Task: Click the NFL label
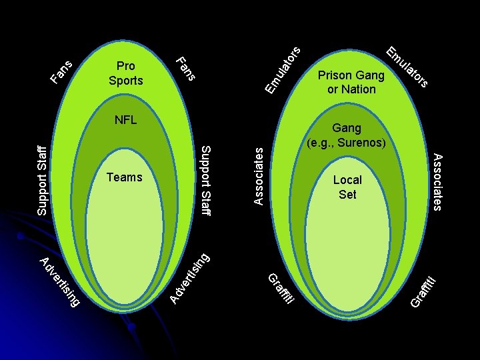point(125,121)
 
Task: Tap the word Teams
point(125,177)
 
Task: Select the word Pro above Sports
point(125,67)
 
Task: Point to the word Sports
point(125,81)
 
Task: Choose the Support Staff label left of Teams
point(41,180)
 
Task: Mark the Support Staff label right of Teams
point(206,180)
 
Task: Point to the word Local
point(347,180)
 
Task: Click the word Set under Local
point(347,194)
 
